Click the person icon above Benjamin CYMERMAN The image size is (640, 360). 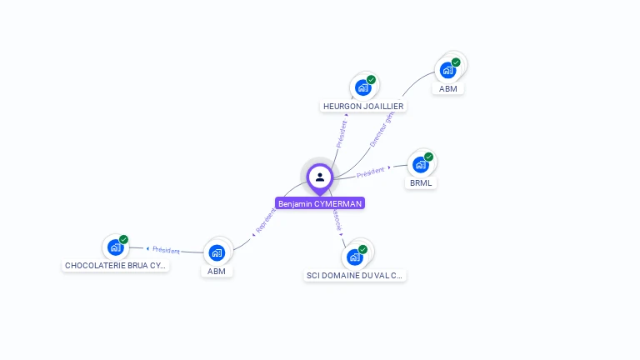[319, 177]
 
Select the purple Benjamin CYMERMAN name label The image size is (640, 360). [320, 203]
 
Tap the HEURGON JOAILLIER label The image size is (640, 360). [363, 107]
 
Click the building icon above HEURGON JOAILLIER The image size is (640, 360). [362, 87]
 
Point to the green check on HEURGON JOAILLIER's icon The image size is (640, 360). [371, 80]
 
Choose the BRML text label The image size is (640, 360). [422, 182]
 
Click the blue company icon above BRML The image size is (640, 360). [421, 164]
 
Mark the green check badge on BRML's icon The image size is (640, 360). [428, 157]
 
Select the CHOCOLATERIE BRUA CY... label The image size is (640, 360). [116, 265]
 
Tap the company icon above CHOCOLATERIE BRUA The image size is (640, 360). [115, 247]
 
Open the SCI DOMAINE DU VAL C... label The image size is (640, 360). [355, 275]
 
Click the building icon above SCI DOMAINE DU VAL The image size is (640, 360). [355, 256]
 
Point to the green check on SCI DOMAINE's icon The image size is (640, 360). [362, 249]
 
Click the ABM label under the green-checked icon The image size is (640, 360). [448, 88]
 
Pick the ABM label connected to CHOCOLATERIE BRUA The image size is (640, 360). [217, 271]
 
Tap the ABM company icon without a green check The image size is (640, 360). [217, 252]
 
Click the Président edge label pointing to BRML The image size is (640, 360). [371, 172]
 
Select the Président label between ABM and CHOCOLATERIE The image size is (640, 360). [165, 249]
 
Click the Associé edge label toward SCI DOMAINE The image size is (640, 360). [337, 219]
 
